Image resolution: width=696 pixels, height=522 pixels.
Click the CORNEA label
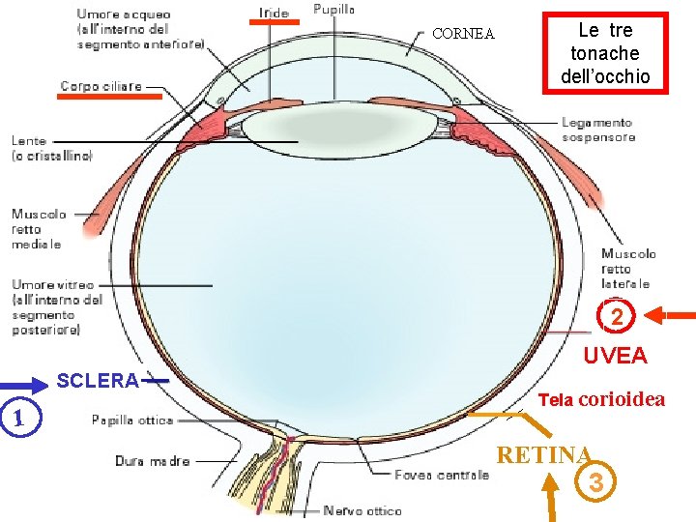(463, 34)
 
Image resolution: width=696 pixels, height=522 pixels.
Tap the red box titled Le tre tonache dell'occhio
(605, 52)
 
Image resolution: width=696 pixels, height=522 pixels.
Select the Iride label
(274, 13)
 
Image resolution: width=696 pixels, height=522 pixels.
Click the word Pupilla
(334, 9)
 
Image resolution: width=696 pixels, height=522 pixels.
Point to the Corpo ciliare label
(101, 86)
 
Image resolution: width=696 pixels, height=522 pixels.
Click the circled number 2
(617, 316)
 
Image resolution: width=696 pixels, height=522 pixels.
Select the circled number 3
(595, 480)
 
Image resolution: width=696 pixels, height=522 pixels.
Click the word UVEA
(615, 356)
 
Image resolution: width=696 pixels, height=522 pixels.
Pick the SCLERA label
(98, 381)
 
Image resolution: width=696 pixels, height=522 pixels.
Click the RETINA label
(543, 454)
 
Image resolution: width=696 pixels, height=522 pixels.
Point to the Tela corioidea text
(601, 399)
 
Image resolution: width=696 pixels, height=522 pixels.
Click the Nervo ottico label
(362, 510)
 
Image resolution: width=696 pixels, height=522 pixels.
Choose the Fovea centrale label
(442, 475)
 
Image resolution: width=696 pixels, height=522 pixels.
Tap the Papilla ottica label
(132, 420)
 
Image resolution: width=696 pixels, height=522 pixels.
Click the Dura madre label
(153, 461)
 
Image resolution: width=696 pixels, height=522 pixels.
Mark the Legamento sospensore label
(596, 130)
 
